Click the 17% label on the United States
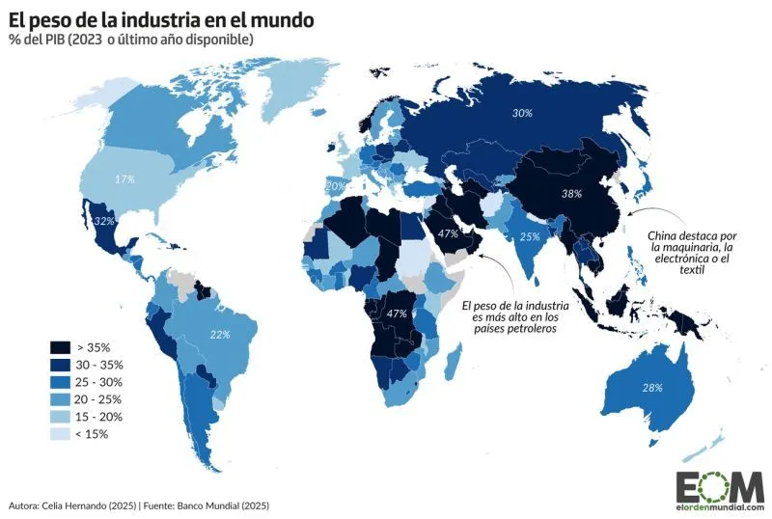(124, 178)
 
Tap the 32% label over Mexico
(104, 221)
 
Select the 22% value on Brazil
(219, 335)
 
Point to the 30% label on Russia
(522, 113)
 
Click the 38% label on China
(572, 193)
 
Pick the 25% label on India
(529, 236)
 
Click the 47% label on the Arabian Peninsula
(447, 234)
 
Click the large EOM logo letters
(719, 484)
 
